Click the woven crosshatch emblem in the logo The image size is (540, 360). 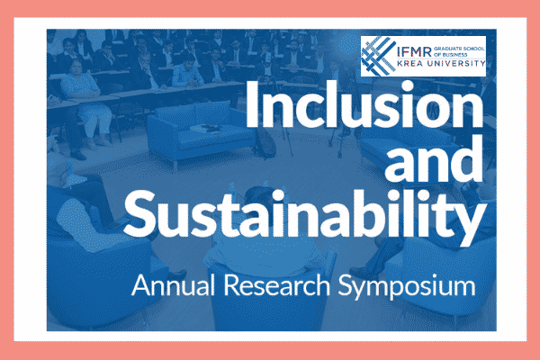376,55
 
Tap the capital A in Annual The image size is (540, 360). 137,287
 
